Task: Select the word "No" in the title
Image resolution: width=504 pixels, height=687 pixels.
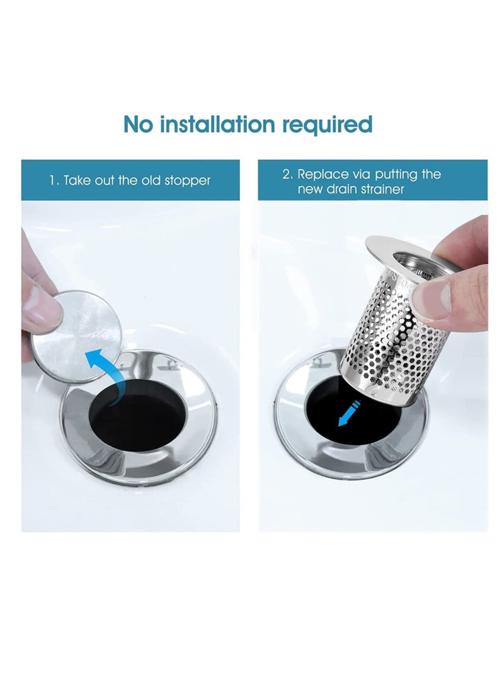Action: (138, 124)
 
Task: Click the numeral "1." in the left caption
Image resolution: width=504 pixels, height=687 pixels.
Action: (55, 181)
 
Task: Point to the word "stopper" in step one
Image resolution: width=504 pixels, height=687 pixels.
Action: (187, 181)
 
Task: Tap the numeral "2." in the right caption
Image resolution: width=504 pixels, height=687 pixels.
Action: (287, 174)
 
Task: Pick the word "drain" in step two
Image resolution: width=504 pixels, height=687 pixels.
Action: (343, 189)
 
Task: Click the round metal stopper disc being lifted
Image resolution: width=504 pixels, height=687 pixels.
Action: (78, 334)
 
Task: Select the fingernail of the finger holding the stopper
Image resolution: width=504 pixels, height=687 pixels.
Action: (43, 309)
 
